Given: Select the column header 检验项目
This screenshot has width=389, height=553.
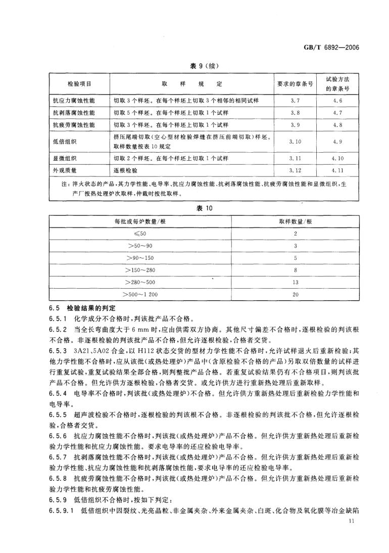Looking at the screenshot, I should pyautogui.click(x=79, y=83).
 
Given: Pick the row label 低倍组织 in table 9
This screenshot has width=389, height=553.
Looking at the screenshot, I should pyautogui.click(x=65, y=142).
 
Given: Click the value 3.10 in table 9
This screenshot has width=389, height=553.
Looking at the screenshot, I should pyautogui.click(x=296, y=142).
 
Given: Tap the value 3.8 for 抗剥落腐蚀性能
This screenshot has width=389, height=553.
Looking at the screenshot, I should pyautogui.click(x=296, y=112).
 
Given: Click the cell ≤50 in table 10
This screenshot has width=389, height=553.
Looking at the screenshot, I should pyautogui.click(x=140, y=234).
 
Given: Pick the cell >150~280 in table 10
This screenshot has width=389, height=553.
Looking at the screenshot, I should pyautogui.click(x=140, y=269).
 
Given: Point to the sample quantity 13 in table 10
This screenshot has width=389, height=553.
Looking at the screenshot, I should pyautogui.click(x=296, y=282).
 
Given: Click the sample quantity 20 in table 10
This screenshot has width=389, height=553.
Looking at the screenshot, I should pyautogui.click(x=296, y=294).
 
